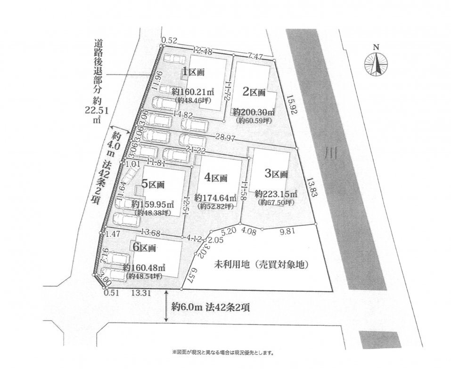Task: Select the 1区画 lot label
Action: pyautogui.click(x=194, y=72)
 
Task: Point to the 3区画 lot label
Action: pyautogui.click(x=276, y=174)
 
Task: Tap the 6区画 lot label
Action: pyautogui.click(x=145, y=247)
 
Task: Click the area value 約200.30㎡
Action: pyautogui.click(x=254, y=112)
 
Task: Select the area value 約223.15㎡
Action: pyautogui.click(x=276, y=193)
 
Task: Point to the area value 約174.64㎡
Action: pyautogui.click(x=215, y=198)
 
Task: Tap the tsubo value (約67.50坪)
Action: pyautogui.click(x=276, y=202)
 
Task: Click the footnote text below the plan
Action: pyautogui.click(x=223, y=352)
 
